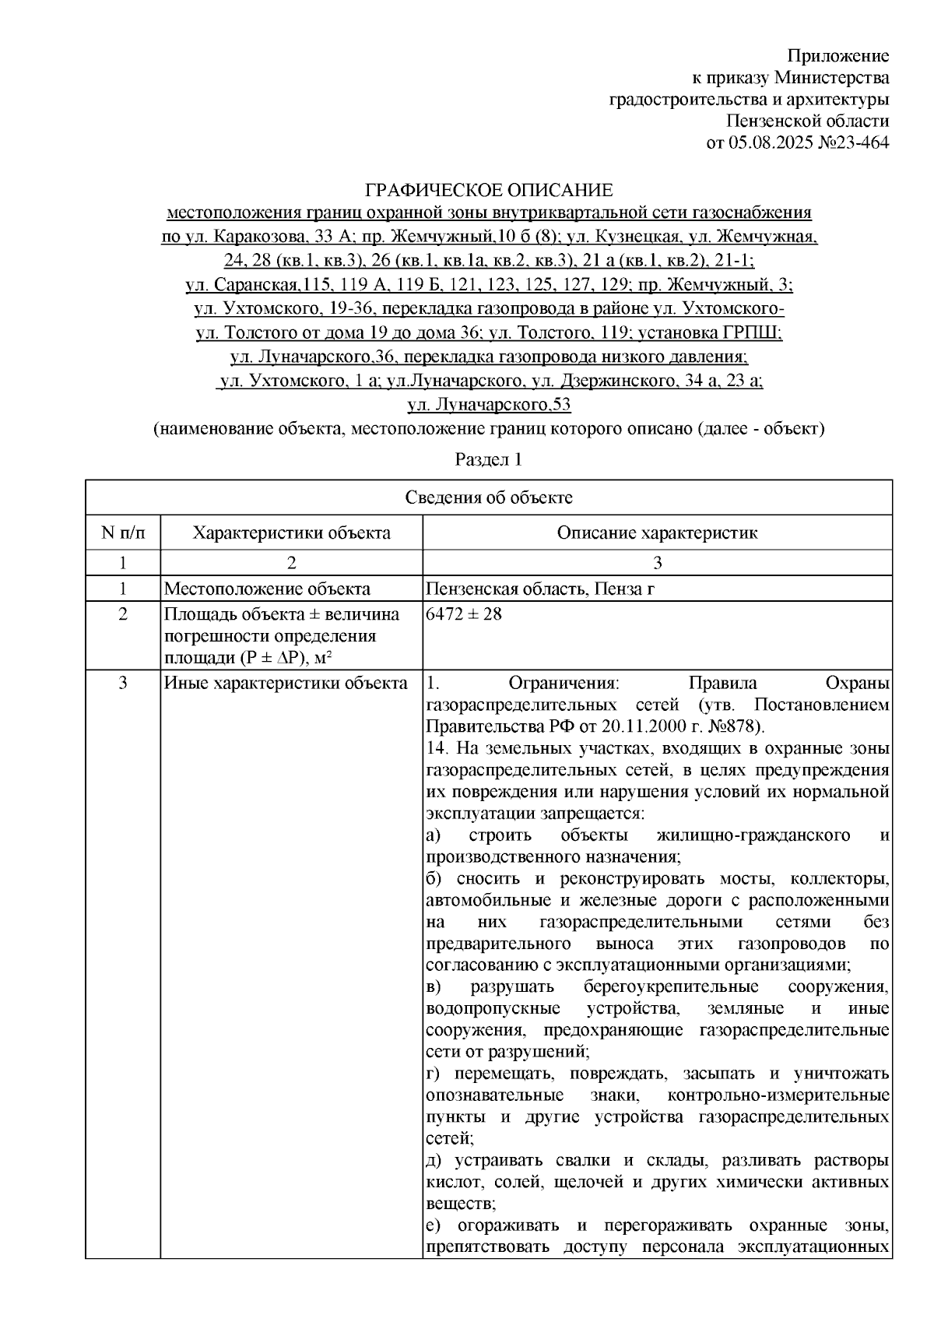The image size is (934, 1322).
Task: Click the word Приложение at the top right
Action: (x=837, y=56)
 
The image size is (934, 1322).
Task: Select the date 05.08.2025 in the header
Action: (x=765, y=142)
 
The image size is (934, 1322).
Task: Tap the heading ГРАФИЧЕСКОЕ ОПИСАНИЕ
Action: (x=490, y=190)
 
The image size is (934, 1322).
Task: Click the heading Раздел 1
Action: (x=488, y=459)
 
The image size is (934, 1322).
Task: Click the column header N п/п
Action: (x=122, y=533)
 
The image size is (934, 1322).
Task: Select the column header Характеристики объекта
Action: (x=292, y=533)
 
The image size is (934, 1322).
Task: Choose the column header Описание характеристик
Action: (x=657, y=533)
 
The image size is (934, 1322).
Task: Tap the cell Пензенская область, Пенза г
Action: (x=540, y=589)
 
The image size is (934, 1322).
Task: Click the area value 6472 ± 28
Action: (x=465, y=614)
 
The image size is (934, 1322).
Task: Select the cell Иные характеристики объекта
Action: (x=286, y=684)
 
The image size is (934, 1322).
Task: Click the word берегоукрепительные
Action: (x=670, y=987)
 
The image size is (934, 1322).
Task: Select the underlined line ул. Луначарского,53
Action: (x=490, y=405)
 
